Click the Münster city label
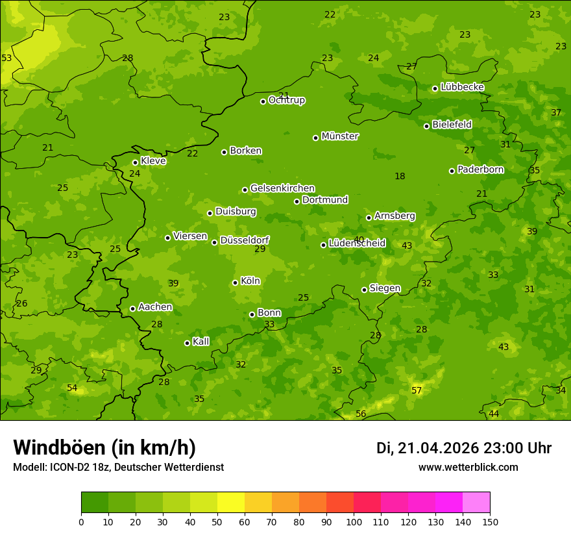(x=340, y=136)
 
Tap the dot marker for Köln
(x=235, y=282)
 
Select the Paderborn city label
(x=480, y=169)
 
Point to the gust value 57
(x=417, y=390)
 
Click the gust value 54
(x=72, y=388)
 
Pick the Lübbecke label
(x=462, y=87)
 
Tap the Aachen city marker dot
(x=132, y=308)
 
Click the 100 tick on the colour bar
(x=354, y=521)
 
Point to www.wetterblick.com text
(x=468, y=467)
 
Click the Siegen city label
(x=385, y=288)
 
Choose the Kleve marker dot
(x=135, y=162)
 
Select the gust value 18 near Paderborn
(x=400, y=176)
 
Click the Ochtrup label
(x=286, y=100)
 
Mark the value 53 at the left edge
(x=6, y=58)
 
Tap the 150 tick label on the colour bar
(x=490, y=521)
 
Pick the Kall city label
(x=200, y=342)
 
